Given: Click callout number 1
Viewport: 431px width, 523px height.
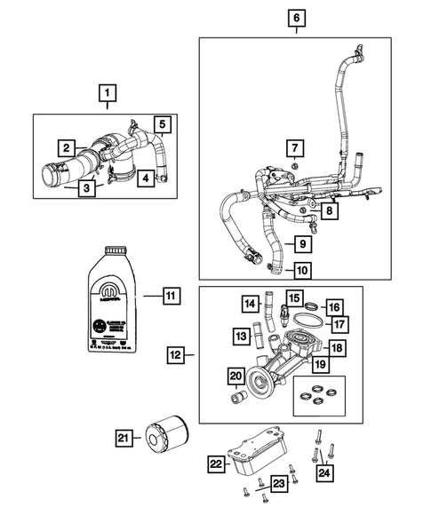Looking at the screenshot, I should click(x=108, y=91).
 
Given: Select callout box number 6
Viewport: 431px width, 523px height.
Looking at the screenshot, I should click(x=296, y=17).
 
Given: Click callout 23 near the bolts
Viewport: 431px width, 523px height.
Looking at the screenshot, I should click(x=279, y=484).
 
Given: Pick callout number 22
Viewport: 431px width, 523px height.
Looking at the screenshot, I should click(x=216, y=463).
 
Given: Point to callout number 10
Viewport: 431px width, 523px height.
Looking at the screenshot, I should click(x=303, y=270).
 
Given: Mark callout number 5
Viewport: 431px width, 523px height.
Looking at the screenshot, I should click(x=163, y=124).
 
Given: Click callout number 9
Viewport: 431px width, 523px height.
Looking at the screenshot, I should click(x=303, y=243).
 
